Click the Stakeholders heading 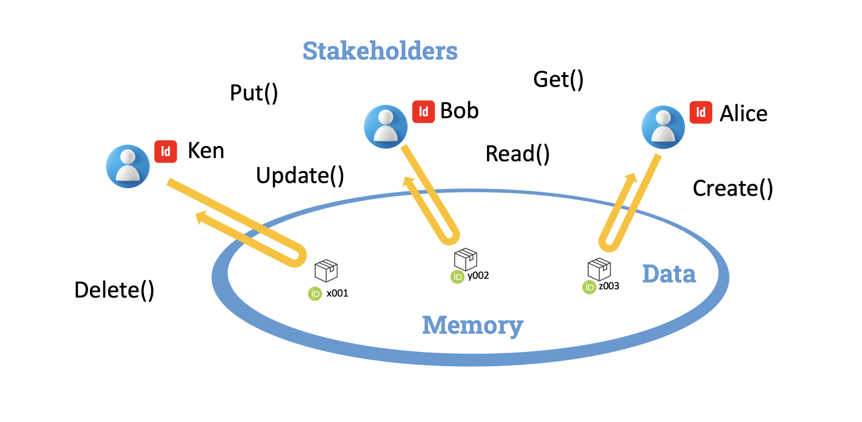379,51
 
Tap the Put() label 254,93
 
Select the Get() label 558,80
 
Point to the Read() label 517,154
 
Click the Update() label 299,175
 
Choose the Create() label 732,188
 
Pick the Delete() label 114,290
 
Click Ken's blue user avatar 128,166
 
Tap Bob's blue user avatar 385,126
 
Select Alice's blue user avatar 662,127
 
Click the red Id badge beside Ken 165,151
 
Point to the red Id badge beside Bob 423,111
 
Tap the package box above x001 326,270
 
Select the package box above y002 465,259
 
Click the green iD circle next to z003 589,287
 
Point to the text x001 337,293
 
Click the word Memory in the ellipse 472,325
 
